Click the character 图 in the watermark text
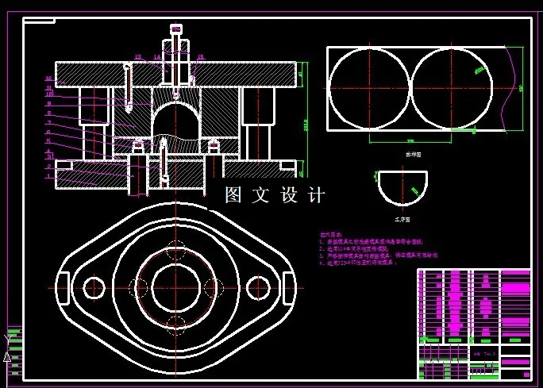coord(233,195)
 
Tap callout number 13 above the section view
coord(137,57)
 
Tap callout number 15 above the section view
coord(201,57)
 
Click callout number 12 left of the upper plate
coord(48,79)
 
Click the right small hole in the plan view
coord(256,286)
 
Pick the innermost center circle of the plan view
coord(175,286)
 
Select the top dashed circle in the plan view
coord(175,248)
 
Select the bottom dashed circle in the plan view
coord(175,323)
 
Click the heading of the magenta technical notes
coord(330,235)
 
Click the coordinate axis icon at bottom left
coord(10,345)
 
